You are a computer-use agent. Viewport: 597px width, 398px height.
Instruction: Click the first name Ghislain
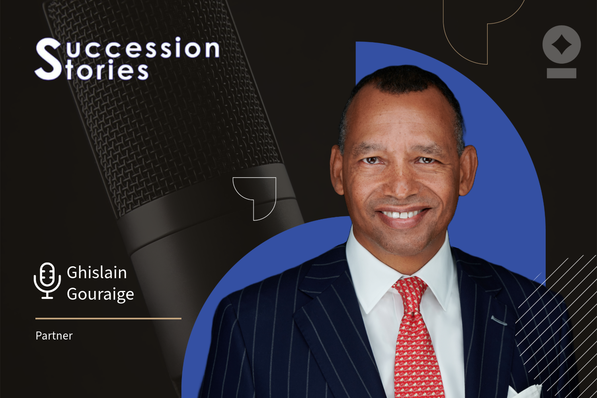[x=97, y=273]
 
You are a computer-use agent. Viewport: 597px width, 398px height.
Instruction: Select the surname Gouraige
[x=100, y=294]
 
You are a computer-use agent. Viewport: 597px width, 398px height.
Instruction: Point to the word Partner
[x=54, y=336]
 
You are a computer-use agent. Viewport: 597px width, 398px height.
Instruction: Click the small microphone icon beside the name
[x=47, y=280]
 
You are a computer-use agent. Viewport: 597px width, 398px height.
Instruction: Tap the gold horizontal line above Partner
[x=108, y=318]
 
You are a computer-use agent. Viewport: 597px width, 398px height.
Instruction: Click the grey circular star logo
[x=561, y=45]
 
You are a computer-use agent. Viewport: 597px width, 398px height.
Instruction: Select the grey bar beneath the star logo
[x=561, y=73]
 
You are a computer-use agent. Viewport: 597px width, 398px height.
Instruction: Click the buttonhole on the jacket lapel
[x=498, y=320]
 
